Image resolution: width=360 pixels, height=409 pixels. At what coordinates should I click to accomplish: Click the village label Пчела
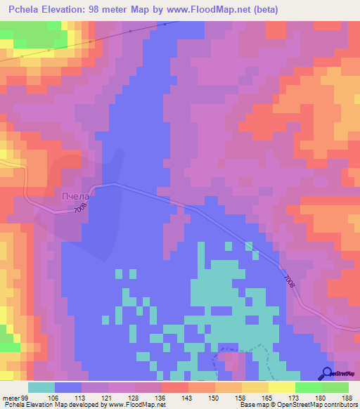(x=76, y=196)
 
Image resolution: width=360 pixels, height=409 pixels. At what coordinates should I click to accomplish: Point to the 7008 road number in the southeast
(x=288, y=279)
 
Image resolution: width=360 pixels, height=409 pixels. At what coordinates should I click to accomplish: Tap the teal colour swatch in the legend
(x=41, y=387)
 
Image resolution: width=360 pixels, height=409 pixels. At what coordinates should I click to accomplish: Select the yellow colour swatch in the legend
(x=281, y=387)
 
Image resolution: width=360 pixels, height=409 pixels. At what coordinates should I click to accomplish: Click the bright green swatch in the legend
(x=308, y=387)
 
